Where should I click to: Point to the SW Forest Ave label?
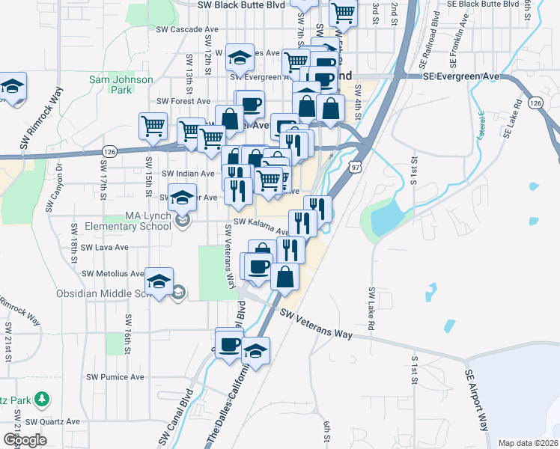[x=183, y=101]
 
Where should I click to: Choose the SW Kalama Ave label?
[x=261, y=226]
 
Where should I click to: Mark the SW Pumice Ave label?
[x=115, y=377]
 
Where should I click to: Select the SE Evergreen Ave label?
[x=460, y=76]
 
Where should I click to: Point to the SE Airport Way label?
[x=479, y=397]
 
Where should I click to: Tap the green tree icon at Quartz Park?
[x=43, y=397]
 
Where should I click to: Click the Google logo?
[x=25, y=439]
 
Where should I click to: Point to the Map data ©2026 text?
[x=528, y=443]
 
